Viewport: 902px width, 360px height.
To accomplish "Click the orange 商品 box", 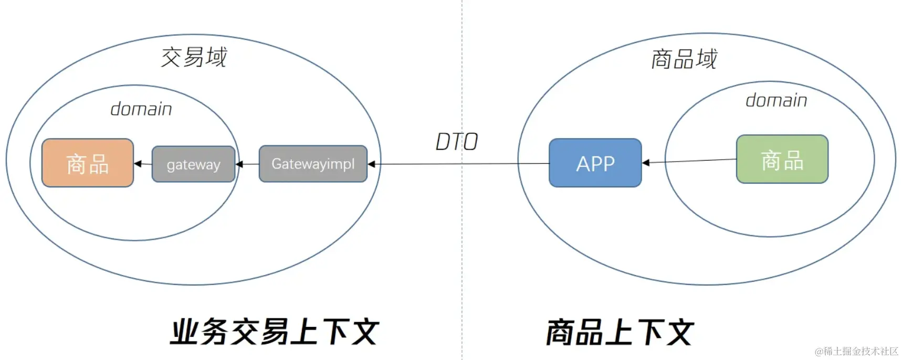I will pos(88,163).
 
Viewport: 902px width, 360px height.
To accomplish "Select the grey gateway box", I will pos(193,164).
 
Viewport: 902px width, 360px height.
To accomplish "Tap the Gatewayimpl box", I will pos(313,164).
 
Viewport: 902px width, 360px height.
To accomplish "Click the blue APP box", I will pos(595,163).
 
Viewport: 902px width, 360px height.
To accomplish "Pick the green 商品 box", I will pos(782,160).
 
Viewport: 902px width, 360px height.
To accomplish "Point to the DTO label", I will pos(456,142).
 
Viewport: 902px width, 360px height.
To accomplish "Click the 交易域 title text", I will pos(194,57).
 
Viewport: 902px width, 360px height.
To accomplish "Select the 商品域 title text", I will pos(684,59).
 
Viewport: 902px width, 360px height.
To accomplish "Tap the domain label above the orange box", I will pos(141,109).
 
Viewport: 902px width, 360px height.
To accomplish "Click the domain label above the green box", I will pos(776,100).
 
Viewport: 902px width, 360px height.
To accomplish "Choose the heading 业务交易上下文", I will pos(274,332).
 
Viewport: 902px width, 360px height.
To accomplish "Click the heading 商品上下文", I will pos(620,332).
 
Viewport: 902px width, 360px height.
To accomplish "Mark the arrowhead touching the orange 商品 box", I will pos(138,164).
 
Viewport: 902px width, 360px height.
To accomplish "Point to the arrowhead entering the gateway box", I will pos(239,164).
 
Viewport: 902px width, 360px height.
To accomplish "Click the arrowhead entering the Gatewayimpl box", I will pos(371,164).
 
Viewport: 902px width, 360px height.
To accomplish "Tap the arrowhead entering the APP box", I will pos(646,163).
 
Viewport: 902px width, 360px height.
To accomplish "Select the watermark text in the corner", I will pos(856,351).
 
